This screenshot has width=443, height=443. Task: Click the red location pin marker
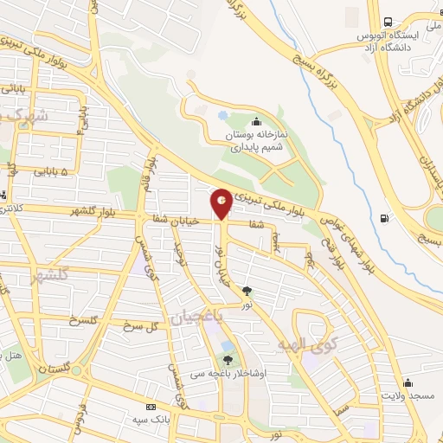tap(221, 203)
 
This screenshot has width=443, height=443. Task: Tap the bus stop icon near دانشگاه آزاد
tap(388, 21)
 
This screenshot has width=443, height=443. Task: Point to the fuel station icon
tap(384, 217)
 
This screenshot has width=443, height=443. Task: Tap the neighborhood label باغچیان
tap(196, 318)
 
